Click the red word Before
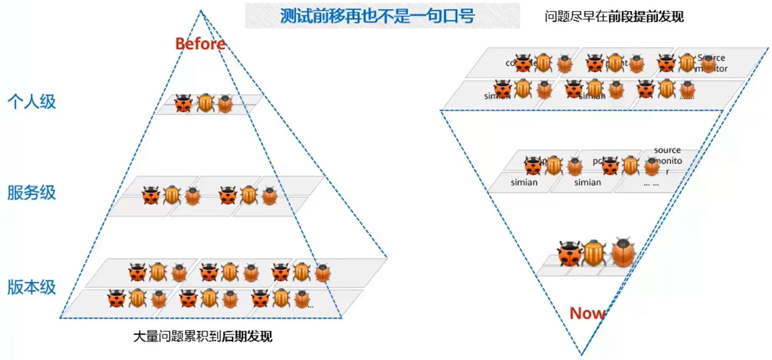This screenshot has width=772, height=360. coord(200,44)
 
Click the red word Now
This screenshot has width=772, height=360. coord(587,313)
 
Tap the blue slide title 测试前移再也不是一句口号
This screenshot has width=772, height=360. coord(377,16)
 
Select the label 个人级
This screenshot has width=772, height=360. coord(32,101)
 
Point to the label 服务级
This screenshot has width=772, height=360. coord(32,193)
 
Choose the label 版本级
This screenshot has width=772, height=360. coord(32,287)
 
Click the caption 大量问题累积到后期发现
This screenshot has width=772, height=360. coord(203,336)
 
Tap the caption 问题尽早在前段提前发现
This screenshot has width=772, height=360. coord(614,17)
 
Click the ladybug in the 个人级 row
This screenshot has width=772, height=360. coord(183,104)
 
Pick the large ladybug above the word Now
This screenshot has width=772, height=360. coord(570,253)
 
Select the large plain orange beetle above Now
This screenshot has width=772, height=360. coord(623,252)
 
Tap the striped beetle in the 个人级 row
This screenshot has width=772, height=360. coord(205,103)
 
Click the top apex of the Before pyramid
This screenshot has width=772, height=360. coord(201,11)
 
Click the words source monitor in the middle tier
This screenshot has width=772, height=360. coord(667,156)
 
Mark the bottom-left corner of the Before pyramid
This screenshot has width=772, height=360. coord(60,317)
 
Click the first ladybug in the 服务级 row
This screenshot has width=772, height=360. coord(151,196)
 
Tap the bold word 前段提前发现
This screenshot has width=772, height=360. coord(646,17)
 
